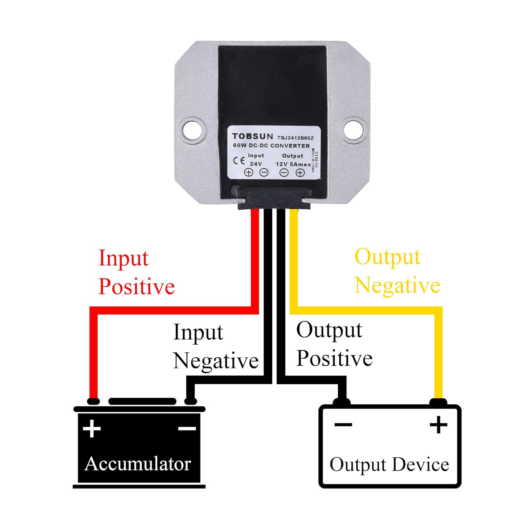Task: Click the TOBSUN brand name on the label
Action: pos(252,136)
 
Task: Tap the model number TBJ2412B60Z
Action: pos(295,138)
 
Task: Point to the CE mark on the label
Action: pos(239,161)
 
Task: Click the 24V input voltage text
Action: pos(256,164)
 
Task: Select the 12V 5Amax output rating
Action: pos(293,164)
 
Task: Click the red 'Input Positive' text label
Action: pos(136,272)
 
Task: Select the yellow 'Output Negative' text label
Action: pos(397,271)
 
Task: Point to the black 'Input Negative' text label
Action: pos(216,346)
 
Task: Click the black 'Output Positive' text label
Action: pos(334,344)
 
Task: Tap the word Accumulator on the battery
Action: pos(138,464)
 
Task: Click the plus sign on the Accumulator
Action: pos(92,428)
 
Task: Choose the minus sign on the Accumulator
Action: pos(187,428)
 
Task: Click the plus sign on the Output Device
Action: pos(438,425)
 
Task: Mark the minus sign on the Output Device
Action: pos(343,425)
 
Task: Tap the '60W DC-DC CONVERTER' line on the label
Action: pos(271,146)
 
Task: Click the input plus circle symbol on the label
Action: pos(249,172)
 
